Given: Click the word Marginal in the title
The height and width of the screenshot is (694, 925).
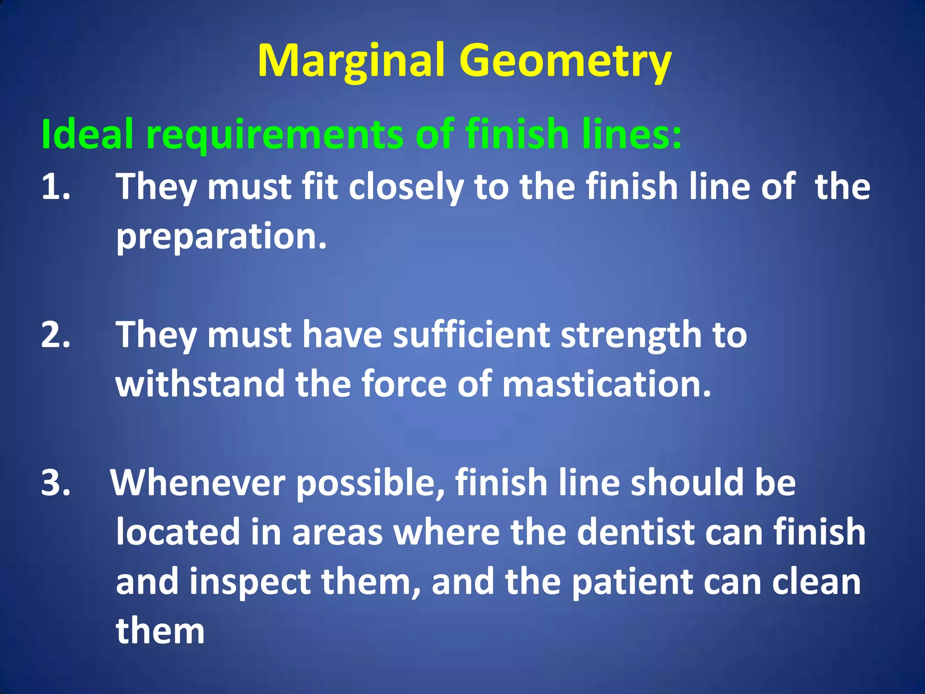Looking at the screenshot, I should click(351, 61).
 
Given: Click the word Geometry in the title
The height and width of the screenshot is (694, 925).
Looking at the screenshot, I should click(565, 61).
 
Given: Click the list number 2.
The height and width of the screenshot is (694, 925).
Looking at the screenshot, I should click(55, 335).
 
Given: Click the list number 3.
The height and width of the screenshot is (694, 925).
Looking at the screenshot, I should click(55, 483).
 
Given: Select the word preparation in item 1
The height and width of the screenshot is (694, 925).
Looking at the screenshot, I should click(221, 236).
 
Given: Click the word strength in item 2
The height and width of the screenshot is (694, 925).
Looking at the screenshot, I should click(631, 335).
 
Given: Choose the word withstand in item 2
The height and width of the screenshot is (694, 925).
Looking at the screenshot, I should click(200, 384).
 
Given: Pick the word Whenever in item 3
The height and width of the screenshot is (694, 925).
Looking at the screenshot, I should click(198, 483).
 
